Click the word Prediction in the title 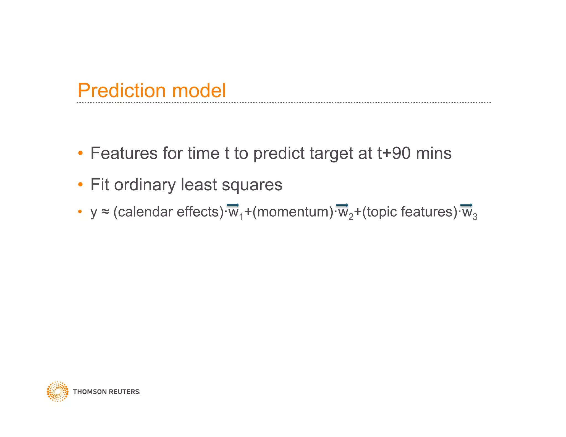click(x=122, y=91)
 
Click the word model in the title click(x=199, y=91)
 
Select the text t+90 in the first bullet click(x=394, y=153)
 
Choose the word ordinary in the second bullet click(x=145, y=185)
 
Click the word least click(x=198, y=185)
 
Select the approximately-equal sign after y click(x=105, y=212)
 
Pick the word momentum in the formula click(x=293, y=212)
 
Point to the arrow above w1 click(x=233, y=205)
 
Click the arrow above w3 click(x=466, y=205)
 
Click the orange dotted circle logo click(x=57, y=391)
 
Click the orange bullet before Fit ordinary click(x=80, y=184)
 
